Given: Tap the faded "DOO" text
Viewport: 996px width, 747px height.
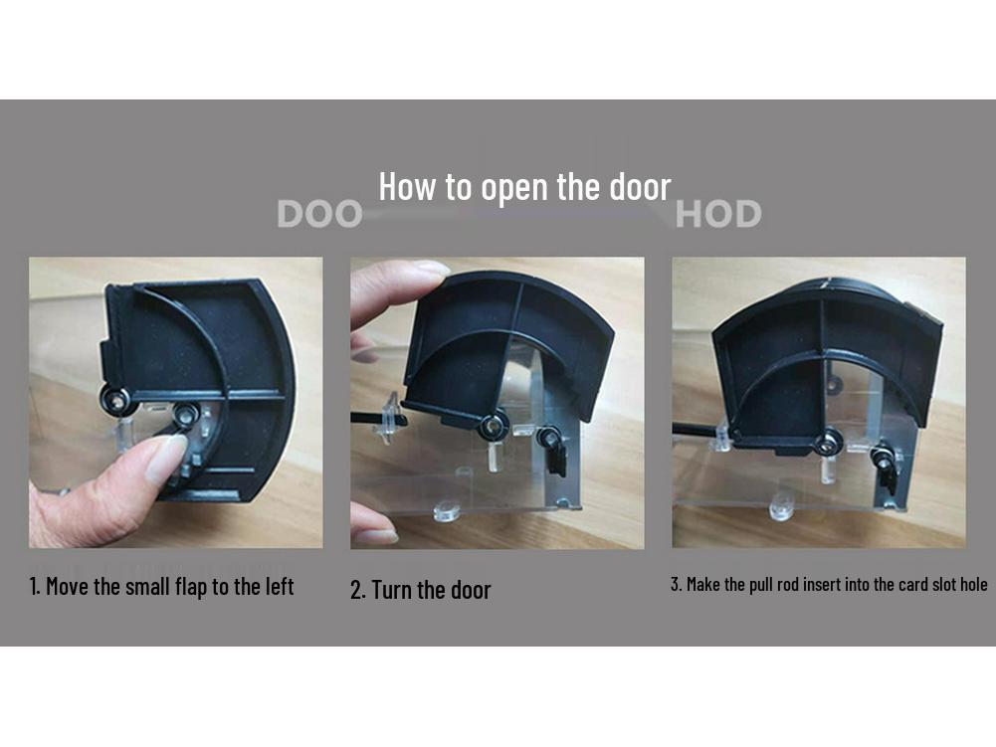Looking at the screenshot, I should click(x=319, y=214).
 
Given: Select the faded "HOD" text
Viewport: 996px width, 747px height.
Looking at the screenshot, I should click(x=718, y=214).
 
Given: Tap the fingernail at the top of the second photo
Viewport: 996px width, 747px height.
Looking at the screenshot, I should click(x=430, y=269).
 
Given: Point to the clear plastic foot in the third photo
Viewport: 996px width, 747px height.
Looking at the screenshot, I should click(x=782, y=509).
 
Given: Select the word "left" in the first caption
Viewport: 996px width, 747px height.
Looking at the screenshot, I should click(x=275, y=586).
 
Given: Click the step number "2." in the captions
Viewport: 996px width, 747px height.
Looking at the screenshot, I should click(x=358, y=590).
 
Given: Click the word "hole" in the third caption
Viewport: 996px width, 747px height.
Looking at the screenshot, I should click(x=971, y=584).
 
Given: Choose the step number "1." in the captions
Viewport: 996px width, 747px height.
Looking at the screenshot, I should click(x=35, y=586).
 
